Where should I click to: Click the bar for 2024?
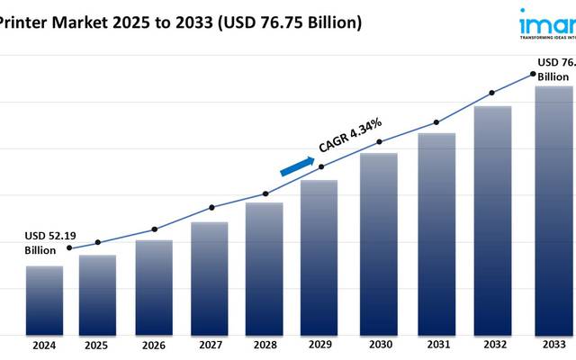44,300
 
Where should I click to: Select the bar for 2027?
209,278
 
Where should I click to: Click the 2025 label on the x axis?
96,345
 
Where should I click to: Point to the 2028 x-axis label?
265,345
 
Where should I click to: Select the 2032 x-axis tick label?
492,345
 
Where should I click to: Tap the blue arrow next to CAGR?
297,166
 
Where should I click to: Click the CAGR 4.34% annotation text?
351,135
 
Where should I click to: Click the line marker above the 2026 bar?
154,229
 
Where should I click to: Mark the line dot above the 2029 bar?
321,166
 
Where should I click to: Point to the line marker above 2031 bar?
436,122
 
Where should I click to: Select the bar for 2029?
319,256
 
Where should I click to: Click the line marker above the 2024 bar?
70,248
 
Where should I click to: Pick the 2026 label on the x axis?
154,345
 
